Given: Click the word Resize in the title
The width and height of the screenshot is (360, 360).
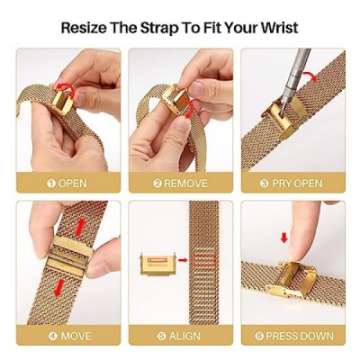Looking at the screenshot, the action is pos(84,28).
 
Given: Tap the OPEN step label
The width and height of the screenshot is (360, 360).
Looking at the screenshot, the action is pos(73,184).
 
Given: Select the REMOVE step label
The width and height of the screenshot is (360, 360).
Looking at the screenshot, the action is pos(185,184).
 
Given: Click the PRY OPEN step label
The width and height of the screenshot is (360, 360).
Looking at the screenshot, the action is pos(297,184).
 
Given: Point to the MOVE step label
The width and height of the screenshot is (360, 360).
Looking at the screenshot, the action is pos(76,336).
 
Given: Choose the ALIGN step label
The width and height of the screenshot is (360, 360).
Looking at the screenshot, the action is pos(184,336).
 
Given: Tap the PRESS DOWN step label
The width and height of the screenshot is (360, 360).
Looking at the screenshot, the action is pos(300,336).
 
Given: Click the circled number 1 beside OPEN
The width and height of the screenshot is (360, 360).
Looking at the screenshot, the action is pos(51,184).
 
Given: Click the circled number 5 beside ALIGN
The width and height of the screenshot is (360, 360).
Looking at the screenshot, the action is pos(162,336).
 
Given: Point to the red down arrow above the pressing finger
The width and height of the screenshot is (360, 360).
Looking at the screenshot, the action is pos(283,238).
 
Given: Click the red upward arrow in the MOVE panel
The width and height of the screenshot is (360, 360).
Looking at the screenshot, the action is pos(80,227).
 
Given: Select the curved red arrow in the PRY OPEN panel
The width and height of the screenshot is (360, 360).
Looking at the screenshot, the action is pos(310,76).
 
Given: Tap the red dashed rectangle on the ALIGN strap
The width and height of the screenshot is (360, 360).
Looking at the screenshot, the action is pos(204,260).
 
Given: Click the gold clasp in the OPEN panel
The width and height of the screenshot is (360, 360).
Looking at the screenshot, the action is pos(62,102).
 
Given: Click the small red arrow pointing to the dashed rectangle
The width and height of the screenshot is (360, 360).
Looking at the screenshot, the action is pos(183,260).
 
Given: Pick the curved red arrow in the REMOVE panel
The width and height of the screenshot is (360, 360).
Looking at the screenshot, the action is pos(189,108).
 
